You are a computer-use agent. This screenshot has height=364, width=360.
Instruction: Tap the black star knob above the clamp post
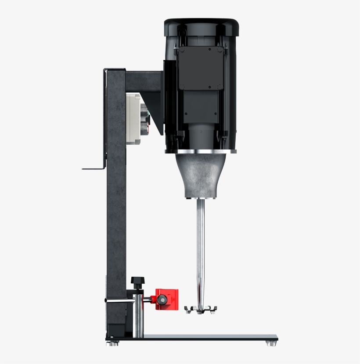pyautogui.click(x=137, y=281)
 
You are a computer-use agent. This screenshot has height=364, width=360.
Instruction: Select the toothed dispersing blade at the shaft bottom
pyautogui.click(x=200, y=309)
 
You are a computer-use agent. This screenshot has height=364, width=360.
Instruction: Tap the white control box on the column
pyautogui.click(x=133, y=118)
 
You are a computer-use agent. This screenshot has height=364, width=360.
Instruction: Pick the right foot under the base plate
pyautogui.click(x=271, y=343)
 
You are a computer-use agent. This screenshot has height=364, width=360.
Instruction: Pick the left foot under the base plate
pyautogui.click(x=113, y=343)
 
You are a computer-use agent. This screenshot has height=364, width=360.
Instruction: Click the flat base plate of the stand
pyautogui.click(x=206, y=337)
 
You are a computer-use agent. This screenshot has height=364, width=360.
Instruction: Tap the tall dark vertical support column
pyautogui.click(x=116, y=211)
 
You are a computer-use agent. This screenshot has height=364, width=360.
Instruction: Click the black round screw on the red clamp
pyautogui.click(x=163, y=300)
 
